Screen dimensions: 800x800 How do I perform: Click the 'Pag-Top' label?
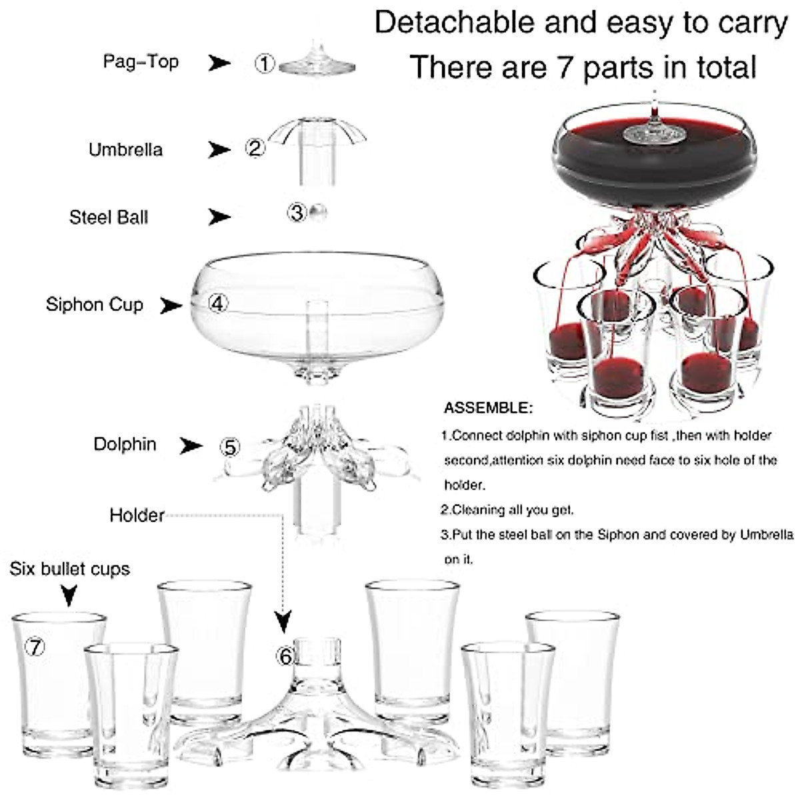point(141,62)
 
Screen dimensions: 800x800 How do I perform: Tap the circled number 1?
point(265,64)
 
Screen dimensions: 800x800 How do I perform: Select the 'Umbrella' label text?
point(125,149)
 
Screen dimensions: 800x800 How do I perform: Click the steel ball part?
point(319,212)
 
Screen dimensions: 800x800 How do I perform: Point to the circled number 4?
point(218,303)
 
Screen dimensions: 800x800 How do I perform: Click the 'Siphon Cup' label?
point(94,305)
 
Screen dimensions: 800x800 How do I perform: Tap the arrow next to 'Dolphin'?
point(191,445)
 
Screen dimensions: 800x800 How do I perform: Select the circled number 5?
point(230,447)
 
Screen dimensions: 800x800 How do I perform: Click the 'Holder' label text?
point(137,515)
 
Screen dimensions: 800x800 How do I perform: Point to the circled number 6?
point(285,657)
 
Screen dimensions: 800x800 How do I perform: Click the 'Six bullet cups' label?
point(69,569)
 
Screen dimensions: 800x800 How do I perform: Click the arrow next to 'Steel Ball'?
point(219,217)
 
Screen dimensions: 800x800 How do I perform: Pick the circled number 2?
point(255,147)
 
